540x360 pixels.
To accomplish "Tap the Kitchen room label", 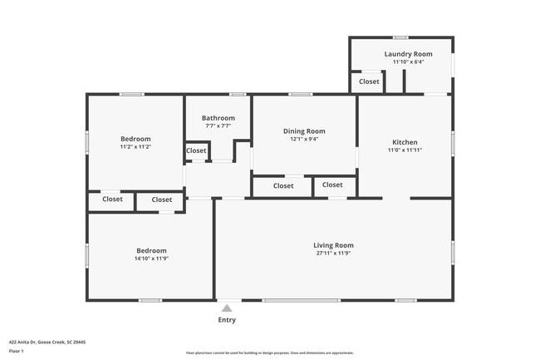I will [405, 142].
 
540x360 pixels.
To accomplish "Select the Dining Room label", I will [304, 131].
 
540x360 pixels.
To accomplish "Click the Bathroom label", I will [218, 118].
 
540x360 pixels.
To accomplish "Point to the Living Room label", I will [333, 245].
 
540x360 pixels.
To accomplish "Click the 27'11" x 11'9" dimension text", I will [333, 254].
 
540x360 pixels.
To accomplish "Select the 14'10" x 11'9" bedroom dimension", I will [151, 259].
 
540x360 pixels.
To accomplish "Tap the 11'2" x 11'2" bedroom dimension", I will [135, 146].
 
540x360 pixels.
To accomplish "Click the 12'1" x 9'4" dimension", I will [304, 139].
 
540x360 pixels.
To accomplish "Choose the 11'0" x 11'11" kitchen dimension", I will [405, 150].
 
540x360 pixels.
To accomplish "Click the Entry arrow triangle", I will [227, 308].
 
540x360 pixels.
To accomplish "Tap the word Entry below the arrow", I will [227, 320].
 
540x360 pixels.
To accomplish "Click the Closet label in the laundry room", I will [369, 81].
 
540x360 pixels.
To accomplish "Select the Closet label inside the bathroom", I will [196, 150].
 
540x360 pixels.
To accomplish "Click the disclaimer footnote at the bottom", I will [269, 353].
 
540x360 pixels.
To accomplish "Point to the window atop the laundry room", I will [400, 37].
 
